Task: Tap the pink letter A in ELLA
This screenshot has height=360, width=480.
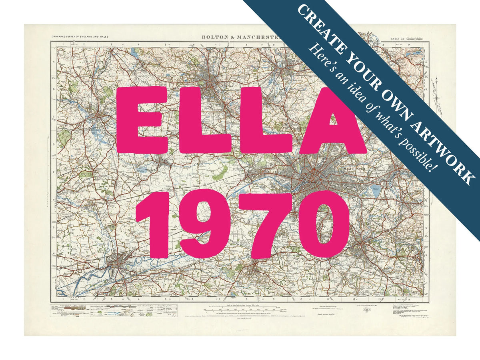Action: coord(333,122)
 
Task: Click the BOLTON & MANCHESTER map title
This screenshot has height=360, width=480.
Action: coord(240,37)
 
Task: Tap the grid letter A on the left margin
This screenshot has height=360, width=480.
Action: coord(53,62)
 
